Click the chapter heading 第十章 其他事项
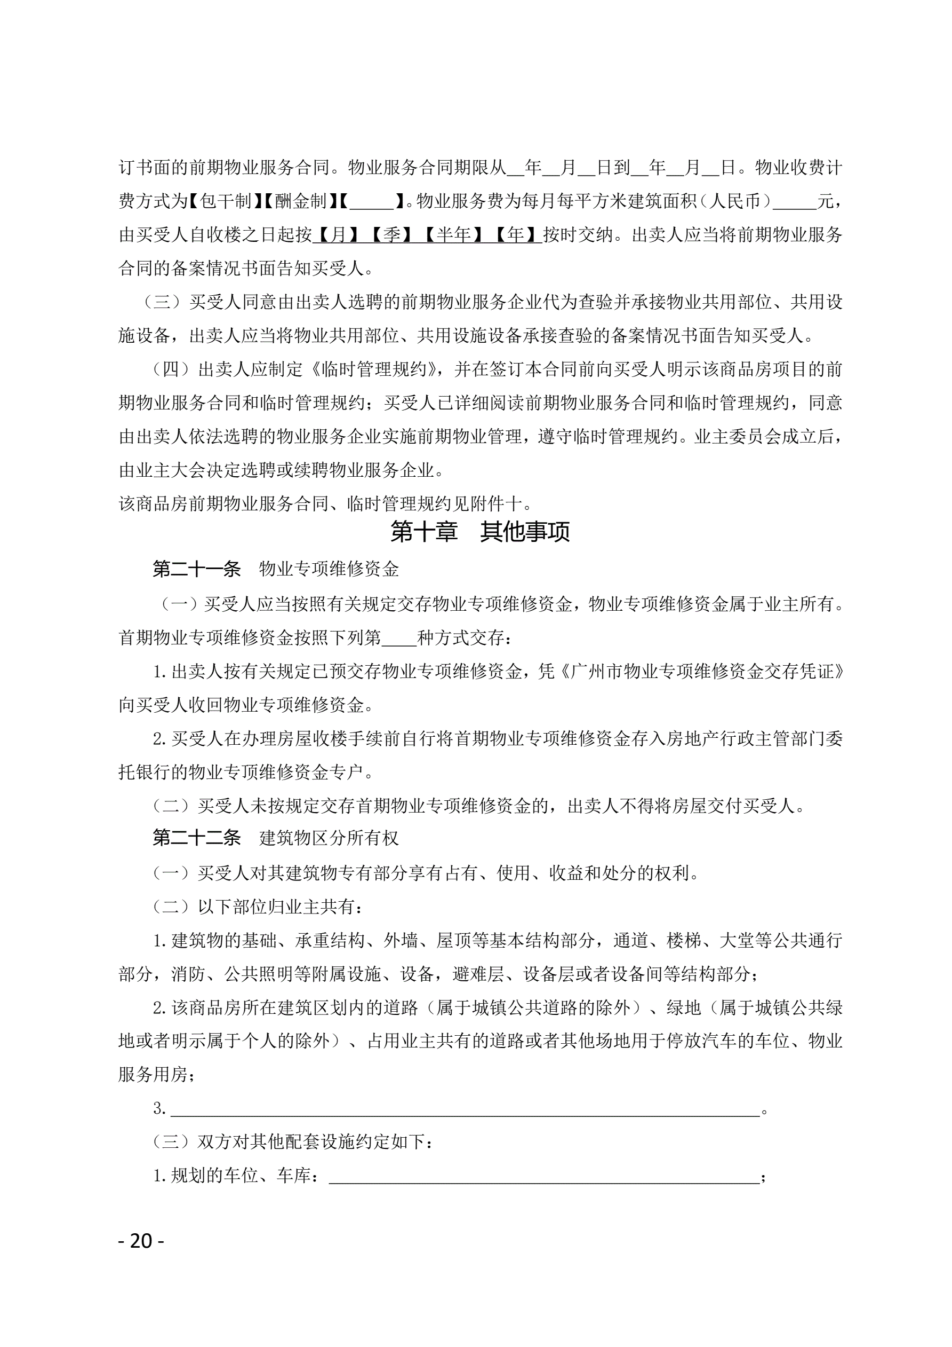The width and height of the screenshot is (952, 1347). point(479,532)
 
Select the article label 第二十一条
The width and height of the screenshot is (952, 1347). point(197,569)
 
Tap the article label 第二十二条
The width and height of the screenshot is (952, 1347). point(197,838)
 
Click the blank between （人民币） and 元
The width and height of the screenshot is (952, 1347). point(795,201)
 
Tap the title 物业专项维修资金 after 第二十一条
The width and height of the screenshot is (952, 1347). point(329,569)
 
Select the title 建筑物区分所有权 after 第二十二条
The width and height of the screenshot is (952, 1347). point(329,838)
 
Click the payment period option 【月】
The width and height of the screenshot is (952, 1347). point(338,235)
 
